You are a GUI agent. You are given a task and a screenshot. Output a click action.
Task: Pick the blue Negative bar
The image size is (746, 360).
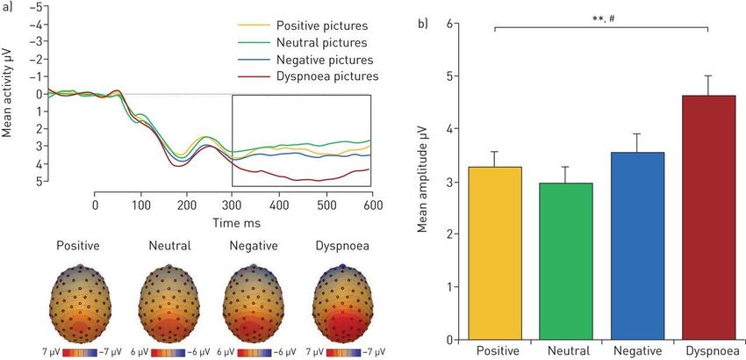click(637, 246)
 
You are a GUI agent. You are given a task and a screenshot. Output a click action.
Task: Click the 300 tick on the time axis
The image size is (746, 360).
click(233, 204)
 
